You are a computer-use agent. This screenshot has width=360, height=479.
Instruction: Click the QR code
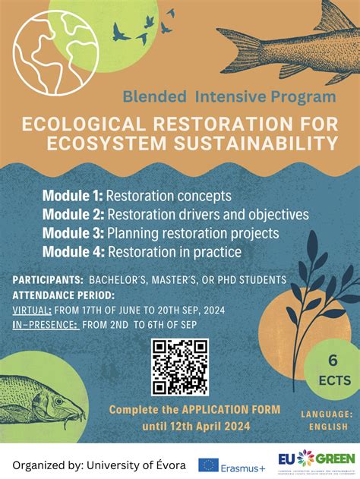click(x=179, y=367)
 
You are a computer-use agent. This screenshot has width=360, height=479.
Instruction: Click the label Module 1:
click(x=73, y=196)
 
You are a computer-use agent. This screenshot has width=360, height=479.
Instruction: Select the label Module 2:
click(x=74, y=214)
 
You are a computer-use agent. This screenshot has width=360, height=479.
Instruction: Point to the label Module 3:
click(x=74, y=233)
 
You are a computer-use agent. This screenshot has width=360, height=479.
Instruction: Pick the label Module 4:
click(x=74, y=251)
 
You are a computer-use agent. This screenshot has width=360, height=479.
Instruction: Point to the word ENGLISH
click(x=327, y=427)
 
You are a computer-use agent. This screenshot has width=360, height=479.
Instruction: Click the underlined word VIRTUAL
click(x=32, y=310)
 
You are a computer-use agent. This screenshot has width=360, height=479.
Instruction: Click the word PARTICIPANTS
click(x=47, y=280)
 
